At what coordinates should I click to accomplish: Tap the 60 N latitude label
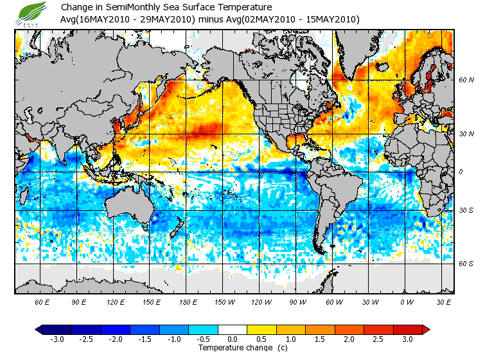point(464,80)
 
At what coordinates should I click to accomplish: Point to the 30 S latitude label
point(464,211)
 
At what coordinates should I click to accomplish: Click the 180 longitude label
point(187,302)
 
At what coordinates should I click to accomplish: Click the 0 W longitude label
point(406,302)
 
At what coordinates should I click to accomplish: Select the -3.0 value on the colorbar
point(57,339)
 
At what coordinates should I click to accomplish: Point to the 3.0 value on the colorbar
point(408,339)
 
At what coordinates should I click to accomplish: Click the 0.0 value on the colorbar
point(233,339)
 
